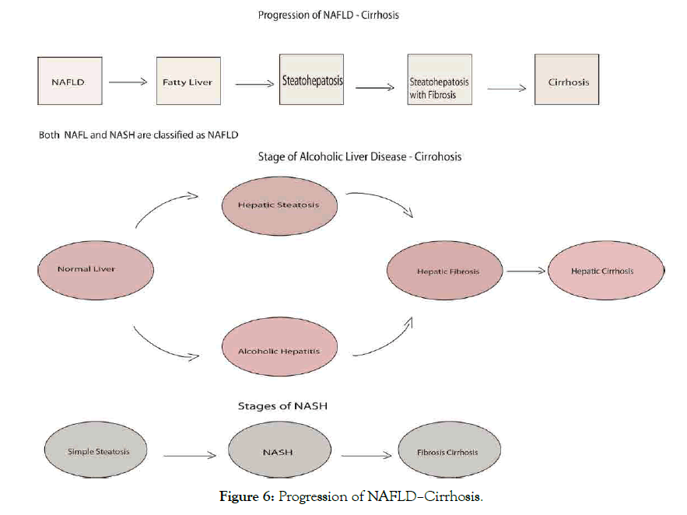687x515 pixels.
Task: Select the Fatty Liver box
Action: tap(188, 82)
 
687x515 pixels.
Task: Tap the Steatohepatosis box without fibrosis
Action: tap(312, 79)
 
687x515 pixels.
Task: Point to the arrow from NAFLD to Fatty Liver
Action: tap(128, 81)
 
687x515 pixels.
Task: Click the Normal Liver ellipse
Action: tap(86, 269)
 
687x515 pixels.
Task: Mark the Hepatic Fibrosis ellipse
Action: tap(447, 272)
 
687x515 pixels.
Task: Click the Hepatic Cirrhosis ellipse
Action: tap(602, 272)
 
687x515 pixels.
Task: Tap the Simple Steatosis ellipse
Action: tap(98, 452)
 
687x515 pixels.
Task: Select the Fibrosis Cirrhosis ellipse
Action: tap(447, 452)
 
